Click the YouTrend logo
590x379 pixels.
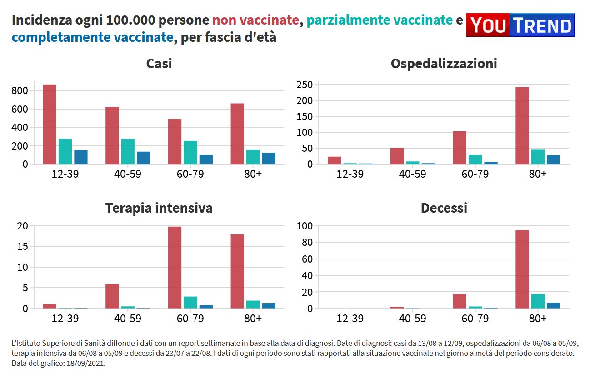tap(520, 25)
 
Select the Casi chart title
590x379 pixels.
tap(159, 64)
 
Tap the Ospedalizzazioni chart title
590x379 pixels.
tap(444, 64)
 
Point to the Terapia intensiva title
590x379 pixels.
tap(159, 208)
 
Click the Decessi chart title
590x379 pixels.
tap(444, 208)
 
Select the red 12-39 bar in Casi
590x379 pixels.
tap(50, 124)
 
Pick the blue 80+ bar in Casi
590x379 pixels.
tap(269, 158)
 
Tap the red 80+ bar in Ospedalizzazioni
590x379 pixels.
tap(522, 125)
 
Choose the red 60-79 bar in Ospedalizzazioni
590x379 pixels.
tap(460, 148)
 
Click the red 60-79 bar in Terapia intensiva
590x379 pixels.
tap(175, 268)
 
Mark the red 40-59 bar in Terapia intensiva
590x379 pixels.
tap(112, 296)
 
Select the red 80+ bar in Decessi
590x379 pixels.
tap(522, 269)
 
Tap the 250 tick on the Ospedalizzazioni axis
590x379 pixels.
tap(304, 85)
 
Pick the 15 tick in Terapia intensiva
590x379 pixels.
tap(23, 247)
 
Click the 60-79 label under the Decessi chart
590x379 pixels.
tap(475, 319)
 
